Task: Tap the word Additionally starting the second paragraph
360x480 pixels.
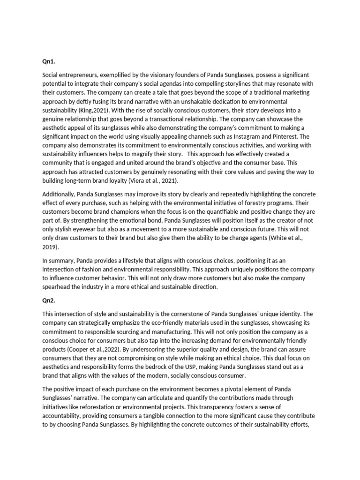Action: point(60,194)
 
